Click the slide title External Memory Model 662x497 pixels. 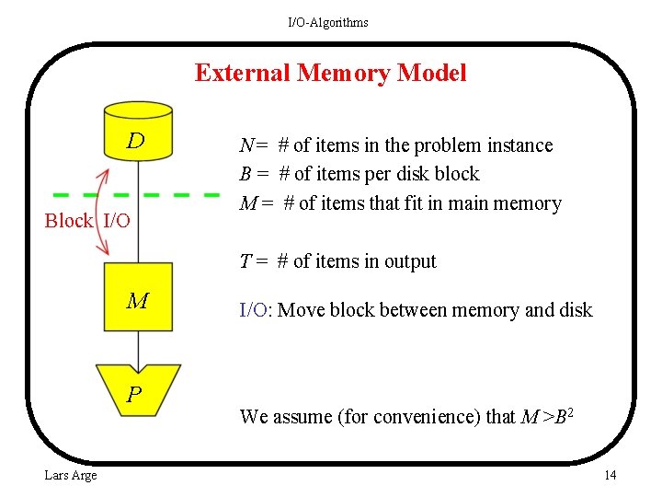point(330,73)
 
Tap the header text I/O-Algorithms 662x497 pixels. point(328,22)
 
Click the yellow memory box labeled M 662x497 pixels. point(138,297)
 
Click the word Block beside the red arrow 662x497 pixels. point(69,221)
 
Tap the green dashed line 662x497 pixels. point(138,195)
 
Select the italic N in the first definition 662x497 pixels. point(246,145)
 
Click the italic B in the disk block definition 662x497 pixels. point(245,174)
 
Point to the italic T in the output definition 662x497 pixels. point(245,261)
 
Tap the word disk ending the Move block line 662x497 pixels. point(575,310)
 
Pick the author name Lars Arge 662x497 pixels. point(71,475)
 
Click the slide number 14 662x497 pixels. point(610,475)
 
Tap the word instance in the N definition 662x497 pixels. point(521,145)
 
